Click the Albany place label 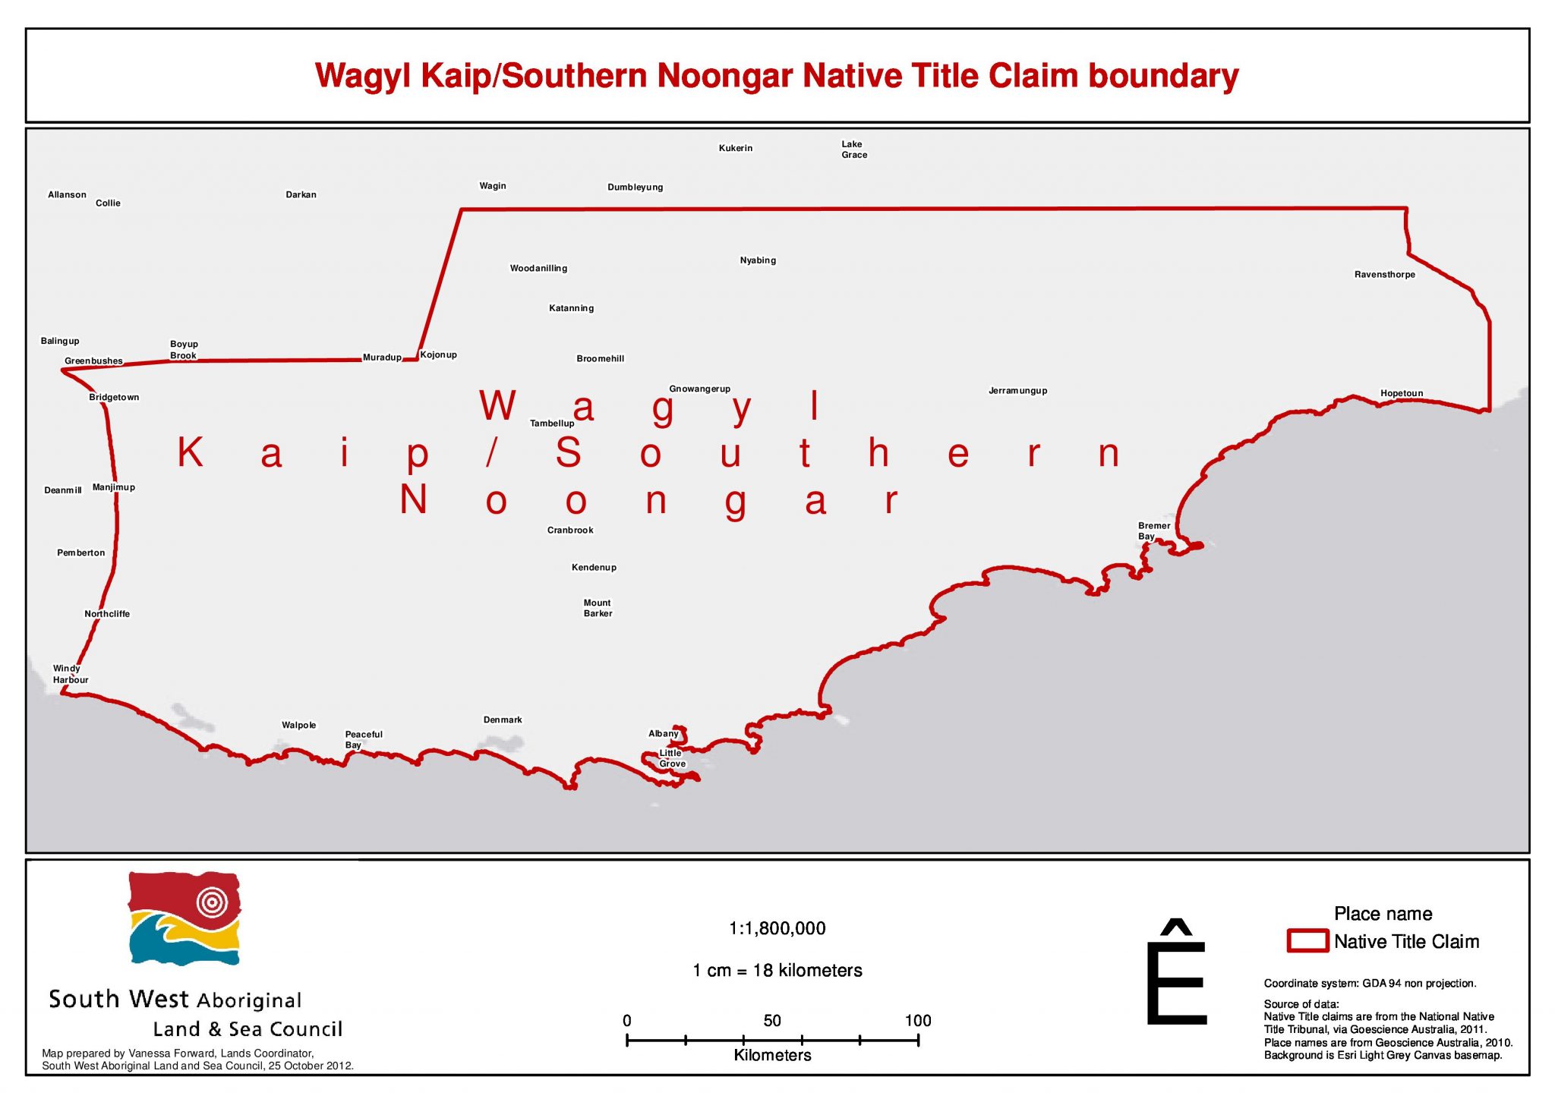pos(663,733)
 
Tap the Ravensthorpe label pos(1384,275)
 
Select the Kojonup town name pos(438,354)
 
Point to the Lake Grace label pos(853,150)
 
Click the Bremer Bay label pos(1153,531)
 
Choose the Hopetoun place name pos(1401,393)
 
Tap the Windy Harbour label pos(70,674)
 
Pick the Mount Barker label pos(598,608)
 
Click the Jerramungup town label pos(1017,391)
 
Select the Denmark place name pos(503,720)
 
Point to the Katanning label pos(571,308)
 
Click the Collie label pos(108,203)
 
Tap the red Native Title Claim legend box pos(1307,941)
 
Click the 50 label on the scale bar pos(772,1021)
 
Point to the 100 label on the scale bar pos(917,1021)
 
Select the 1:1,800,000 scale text pos(777,928)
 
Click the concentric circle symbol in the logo pos(212,902)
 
